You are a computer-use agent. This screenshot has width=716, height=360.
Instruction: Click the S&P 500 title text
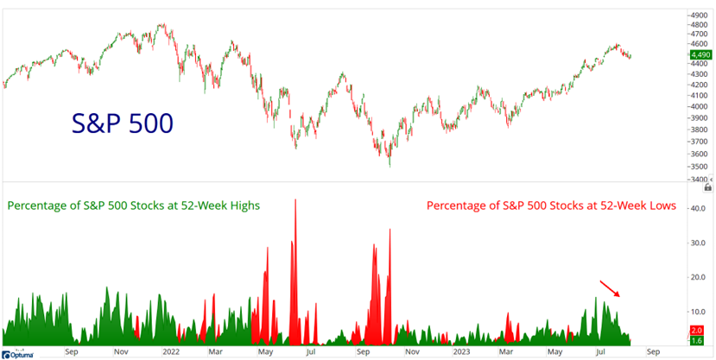tap(122, 123)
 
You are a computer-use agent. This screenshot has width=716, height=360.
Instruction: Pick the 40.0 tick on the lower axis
tap(697, 208)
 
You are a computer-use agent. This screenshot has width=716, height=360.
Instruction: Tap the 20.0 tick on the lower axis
tap(697, 277)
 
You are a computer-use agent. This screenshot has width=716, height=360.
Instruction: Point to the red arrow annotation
tap(609, 287)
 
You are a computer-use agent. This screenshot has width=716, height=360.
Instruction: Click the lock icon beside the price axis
tap(708, 186)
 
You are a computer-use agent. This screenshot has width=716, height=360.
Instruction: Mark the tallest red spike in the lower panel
tap(296, 200)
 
